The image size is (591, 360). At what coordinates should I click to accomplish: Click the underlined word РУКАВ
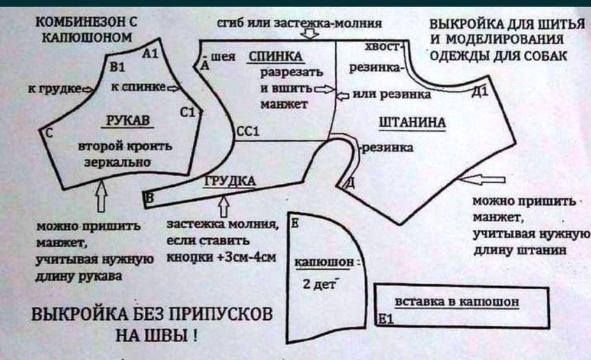click(128, 121)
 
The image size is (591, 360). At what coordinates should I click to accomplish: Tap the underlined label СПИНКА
click(275, 57)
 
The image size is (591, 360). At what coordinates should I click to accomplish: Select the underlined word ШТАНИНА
click(412, 122)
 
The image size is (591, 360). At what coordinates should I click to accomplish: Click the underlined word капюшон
click(324, 262)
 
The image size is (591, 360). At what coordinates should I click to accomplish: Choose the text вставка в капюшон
click(457, 301)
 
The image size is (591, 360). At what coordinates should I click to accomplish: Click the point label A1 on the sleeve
click(150, 54)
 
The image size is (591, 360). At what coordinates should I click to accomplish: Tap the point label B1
click(117, 67)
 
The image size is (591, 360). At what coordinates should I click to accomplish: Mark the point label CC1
click(248, 131)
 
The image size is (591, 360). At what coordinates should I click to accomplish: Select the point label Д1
click(480, 92)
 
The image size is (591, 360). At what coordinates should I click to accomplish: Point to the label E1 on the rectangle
click(385, 319)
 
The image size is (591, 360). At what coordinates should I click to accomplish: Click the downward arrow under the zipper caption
click(310, 34)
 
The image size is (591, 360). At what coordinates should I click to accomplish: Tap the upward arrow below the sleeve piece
click(101, 196)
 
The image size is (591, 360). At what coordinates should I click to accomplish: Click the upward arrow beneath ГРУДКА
click(223, 206)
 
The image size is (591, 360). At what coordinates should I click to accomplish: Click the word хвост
click(382, 46)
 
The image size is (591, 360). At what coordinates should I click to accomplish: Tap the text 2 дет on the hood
click(319, 284)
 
